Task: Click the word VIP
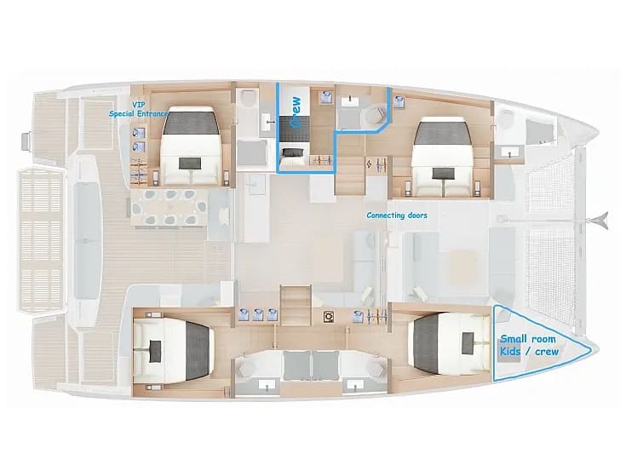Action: (138, 105)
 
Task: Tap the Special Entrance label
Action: (138, 114)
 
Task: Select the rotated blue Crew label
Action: (296, 112)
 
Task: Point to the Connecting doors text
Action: (397, 215)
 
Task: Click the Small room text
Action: (528, 339)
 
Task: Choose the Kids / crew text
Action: (529, 352)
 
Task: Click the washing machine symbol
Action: (328, 317)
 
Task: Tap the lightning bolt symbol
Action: (370, 164)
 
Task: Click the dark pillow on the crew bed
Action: (293, 152)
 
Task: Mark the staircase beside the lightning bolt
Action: (350, 175)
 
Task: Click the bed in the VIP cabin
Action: (192, 146)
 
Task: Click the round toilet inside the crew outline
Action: (375, 116)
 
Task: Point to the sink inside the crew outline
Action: (350, 101)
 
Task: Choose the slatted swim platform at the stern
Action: (42, 239)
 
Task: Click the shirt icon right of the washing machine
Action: (359, 317)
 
